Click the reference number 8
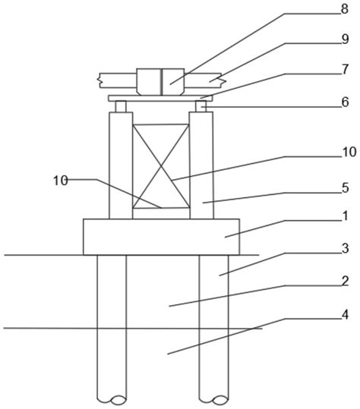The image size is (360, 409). [345, 9]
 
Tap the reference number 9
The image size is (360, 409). [345, 39]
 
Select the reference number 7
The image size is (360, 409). [345, 69]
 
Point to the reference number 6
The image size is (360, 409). [345, 102]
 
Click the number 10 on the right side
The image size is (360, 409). [349, 152]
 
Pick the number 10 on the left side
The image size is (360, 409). [61, 181]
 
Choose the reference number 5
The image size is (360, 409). [345, 188]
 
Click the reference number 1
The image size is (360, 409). [345, 216]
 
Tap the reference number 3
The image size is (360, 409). [345, 249]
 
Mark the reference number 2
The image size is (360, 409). [345, 282]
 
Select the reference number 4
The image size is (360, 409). [345, 315]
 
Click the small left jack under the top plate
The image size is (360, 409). [121, 106]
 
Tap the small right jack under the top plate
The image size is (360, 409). [201, 106]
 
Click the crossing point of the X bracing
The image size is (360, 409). [161, 166]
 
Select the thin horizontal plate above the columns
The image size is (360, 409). [160, 98]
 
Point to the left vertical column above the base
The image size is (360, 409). [121, 165]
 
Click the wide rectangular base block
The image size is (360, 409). [161, 237]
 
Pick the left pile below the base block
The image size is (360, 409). [112, 329]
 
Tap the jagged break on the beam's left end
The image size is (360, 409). [99, 80]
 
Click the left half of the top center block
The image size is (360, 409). [149, 82]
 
